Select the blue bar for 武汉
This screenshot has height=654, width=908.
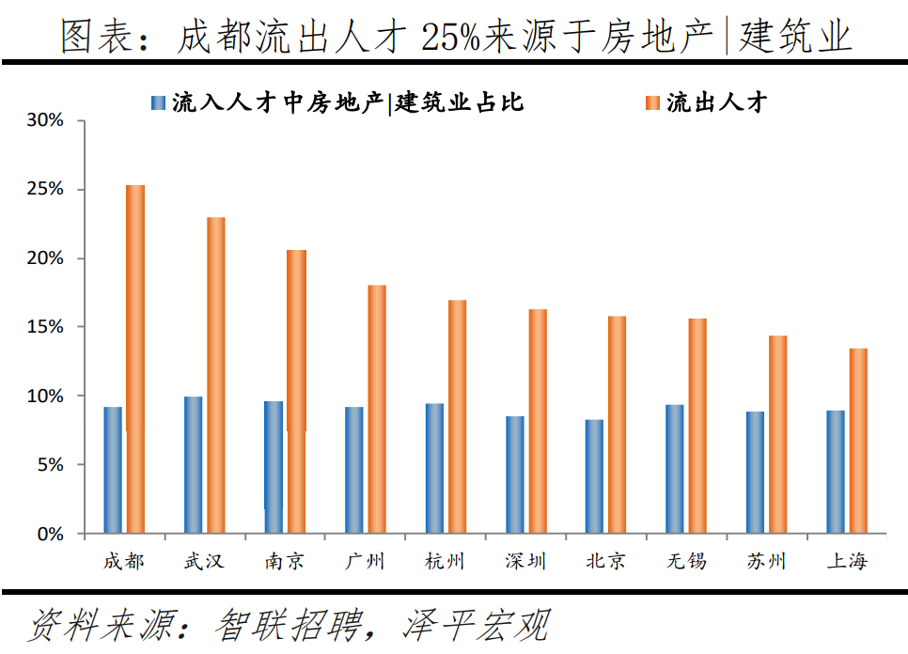193,465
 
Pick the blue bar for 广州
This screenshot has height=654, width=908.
353,470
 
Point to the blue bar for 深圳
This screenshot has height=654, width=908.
514,475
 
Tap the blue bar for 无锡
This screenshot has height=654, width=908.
674,469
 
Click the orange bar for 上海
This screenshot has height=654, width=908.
858,441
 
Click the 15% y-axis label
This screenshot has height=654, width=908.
44,327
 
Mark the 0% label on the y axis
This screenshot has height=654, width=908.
50,534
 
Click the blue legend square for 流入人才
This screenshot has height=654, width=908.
158,102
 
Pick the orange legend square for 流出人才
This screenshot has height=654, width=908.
652,102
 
